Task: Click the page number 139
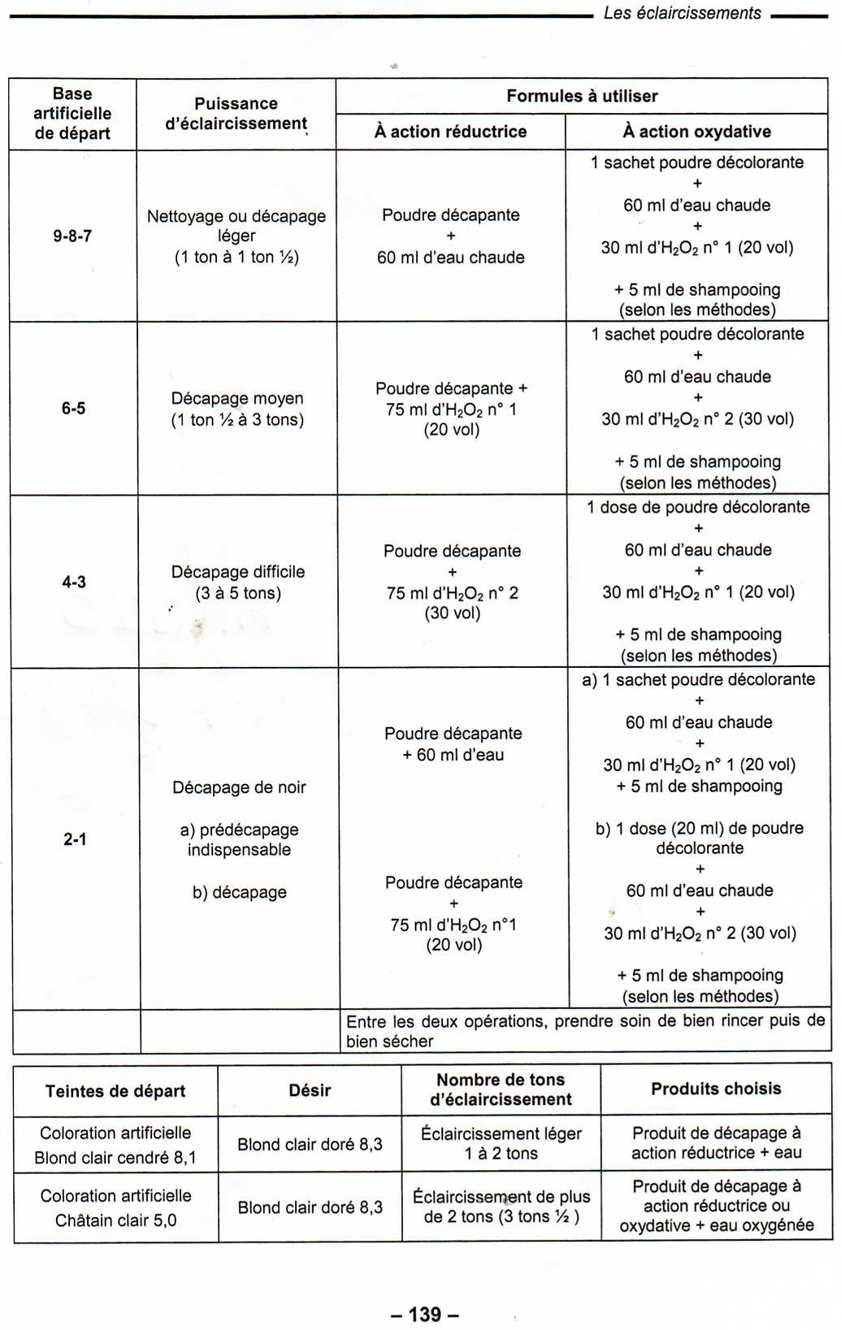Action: (x=424, y=1314)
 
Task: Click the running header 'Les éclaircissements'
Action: (x=682, y=13)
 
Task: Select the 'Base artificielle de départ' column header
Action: (x=72, y=114)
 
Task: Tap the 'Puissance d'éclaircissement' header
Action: (x=236, y=114)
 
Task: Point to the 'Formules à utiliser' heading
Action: (x=582, y=96)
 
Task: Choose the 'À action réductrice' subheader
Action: (x=450, y=132)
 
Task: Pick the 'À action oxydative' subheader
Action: (x=696, y=132)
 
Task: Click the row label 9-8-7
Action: (x=72, y=236)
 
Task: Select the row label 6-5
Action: (x=73, y=408)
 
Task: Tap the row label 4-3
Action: (x=74, y=582)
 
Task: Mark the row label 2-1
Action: (x=75, y=838)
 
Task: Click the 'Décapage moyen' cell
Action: (x=237, y=409)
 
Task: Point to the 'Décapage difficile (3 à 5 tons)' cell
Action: (x=238, y=582)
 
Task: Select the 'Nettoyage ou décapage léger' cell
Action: (x=236, y=236)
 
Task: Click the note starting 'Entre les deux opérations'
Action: (x=585, y=1030)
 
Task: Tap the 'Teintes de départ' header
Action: (x=115, y=1091)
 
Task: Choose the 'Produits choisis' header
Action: (x=716, y=1089)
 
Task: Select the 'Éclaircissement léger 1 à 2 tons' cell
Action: (x=501, y=1143)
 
